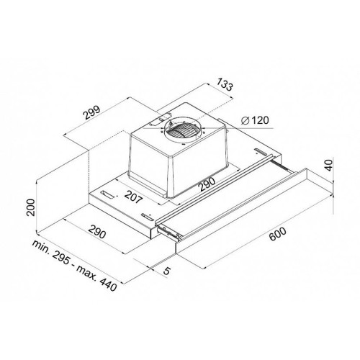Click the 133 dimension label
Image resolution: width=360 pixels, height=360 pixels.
[x=225, y=84]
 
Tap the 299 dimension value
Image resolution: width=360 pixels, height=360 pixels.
[x=91, y=112]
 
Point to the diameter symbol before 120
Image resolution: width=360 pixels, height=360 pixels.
[x=246, y=120]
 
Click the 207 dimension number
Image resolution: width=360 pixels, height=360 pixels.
[x=133, y=197]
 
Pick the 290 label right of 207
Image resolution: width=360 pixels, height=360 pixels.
[x=207, y=184]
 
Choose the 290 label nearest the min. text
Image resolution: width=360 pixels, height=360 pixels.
[x=96, y=231]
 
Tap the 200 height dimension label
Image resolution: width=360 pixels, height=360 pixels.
[x=31, y=207]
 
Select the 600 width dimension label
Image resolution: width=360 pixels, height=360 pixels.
[x=277, y=234]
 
